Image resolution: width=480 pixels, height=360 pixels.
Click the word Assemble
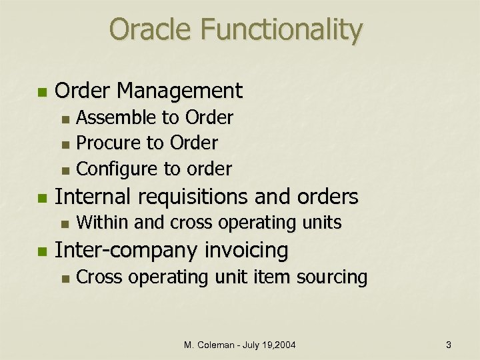tap(115, 118)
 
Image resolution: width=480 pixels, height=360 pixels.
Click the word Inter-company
tap(125, 251)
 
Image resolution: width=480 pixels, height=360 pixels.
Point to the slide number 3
tap(449, 345)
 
